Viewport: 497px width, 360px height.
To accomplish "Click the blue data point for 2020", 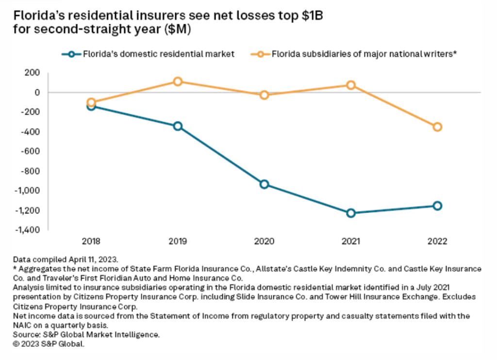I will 264,184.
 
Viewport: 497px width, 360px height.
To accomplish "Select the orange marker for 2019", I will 178,82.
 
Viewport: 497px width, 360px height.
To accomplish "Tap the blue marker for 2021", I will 351,213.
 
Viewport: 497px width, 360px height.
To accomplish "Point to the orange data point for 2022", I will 437,127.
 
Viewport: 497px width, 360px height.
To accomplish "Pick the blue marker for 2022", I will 437,206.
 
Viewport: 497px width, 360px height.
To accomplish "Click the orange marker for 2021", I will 351,85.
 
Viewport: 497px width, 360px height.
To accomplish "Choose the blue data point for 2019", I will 178,126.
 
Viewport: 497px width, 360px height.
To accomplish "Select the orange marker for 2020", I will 264,95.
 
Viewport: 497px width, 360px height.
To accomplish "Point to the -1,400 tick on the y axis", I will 27,230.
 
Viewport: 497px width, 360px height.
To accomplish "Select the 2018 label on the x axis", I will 91,241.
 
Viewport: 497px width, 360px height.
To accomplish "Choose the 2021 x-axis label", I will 351,241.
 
